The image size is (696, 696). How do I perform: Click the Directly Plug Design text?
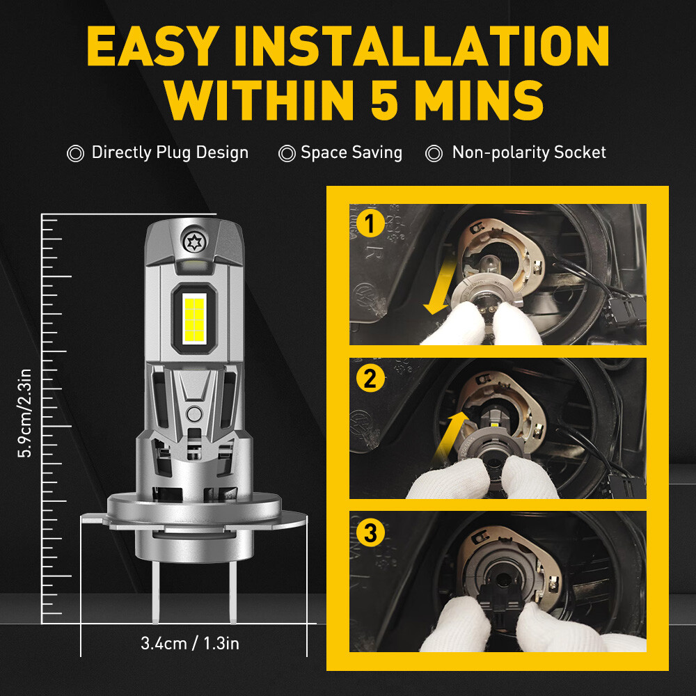point(170,152)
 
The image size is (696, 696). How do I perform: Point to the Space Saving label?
point(351,152)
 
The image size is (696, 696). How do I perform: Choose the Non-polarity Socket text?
point(529,152)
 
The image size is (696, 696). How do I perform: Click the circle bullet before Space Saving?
point(287,154)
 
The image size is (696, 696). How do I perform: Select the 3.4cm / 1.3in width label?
point(189,643)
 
